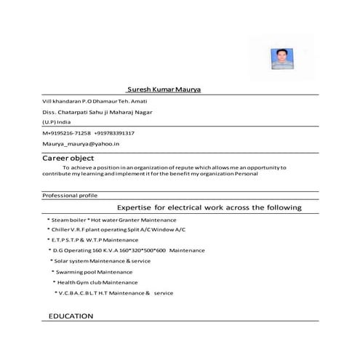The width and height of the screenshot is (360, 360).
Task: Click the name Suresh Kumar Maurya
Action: pyautogui.click(x=164, y=88)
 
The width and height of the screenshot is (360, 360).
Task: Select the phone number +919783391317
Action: pyautogui.click(x=114, y=133)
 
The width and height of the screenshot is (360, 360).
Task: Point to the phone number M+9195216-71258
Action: pyautogui.click(x=67, y=133)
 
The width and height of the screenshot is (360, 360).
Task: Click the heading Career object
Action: pyautogui.click(x=68, y=158)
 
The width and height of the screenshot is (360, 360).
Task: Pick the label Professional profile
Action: pyautogui.click(x=70, y=196)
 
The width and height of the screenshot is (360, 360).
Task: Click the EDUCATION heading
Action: pyautogui.click(x=71, y=316)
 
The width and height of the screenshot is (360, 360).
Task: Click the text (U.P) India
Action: pyautogui.click(x=57, y=122)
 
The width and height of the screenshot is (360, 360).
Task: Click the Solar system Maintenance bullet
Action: pyautogui.click(x=102, y=260)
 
